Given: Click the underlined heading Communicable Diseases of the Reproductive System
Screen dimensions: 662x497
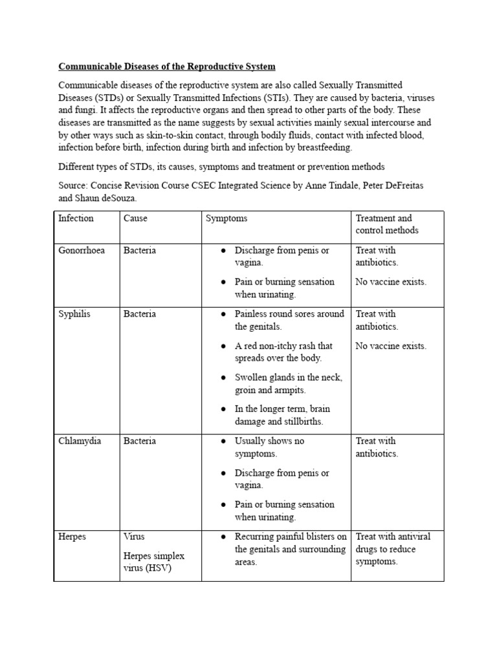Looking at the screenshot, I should [x=167, y=67].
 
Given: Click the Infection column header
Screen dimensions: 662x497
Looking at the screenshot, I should [x=76, y=219].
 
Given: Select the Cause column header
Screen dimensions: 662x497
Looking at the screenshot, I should [x=135, y=219].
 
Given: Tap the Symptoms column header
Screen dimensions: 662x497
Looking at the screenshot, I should [x=226, y=219].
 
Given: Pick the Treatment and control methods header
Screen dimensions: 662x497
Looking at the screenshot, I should [x=387, y=224].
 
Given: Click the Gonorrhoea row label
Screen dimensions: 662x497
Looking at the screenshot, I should [x=82, y=250].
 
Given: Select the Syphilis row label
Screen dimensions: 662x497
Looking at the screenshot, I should [x=74, y=314].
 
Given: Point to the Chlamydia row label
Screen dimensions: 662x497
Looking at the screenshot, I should [x=80, y=442].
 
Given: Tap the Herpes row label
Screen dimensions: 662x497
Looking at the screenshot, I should [x=72, y=537].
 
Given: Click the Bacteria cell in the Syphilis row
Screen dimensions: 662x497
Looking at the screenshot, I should [x=140, y=314].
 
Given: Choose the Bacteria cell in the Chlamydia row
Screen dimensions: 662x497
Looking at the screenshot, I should [x=140, y=442].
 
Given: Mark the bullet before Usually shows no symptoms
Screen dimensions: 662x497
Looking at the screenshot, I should [x=223, y=442].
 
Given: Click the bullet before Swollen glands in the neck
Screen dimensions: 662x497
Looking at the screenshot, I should [x=223, y=378].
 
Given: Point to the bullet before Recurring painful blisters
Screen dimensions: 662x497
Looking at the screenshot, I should [x=223, y=537].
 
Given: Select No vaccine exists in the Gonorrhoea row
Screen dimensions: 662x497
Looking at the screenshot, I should [x=391, y=282].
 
